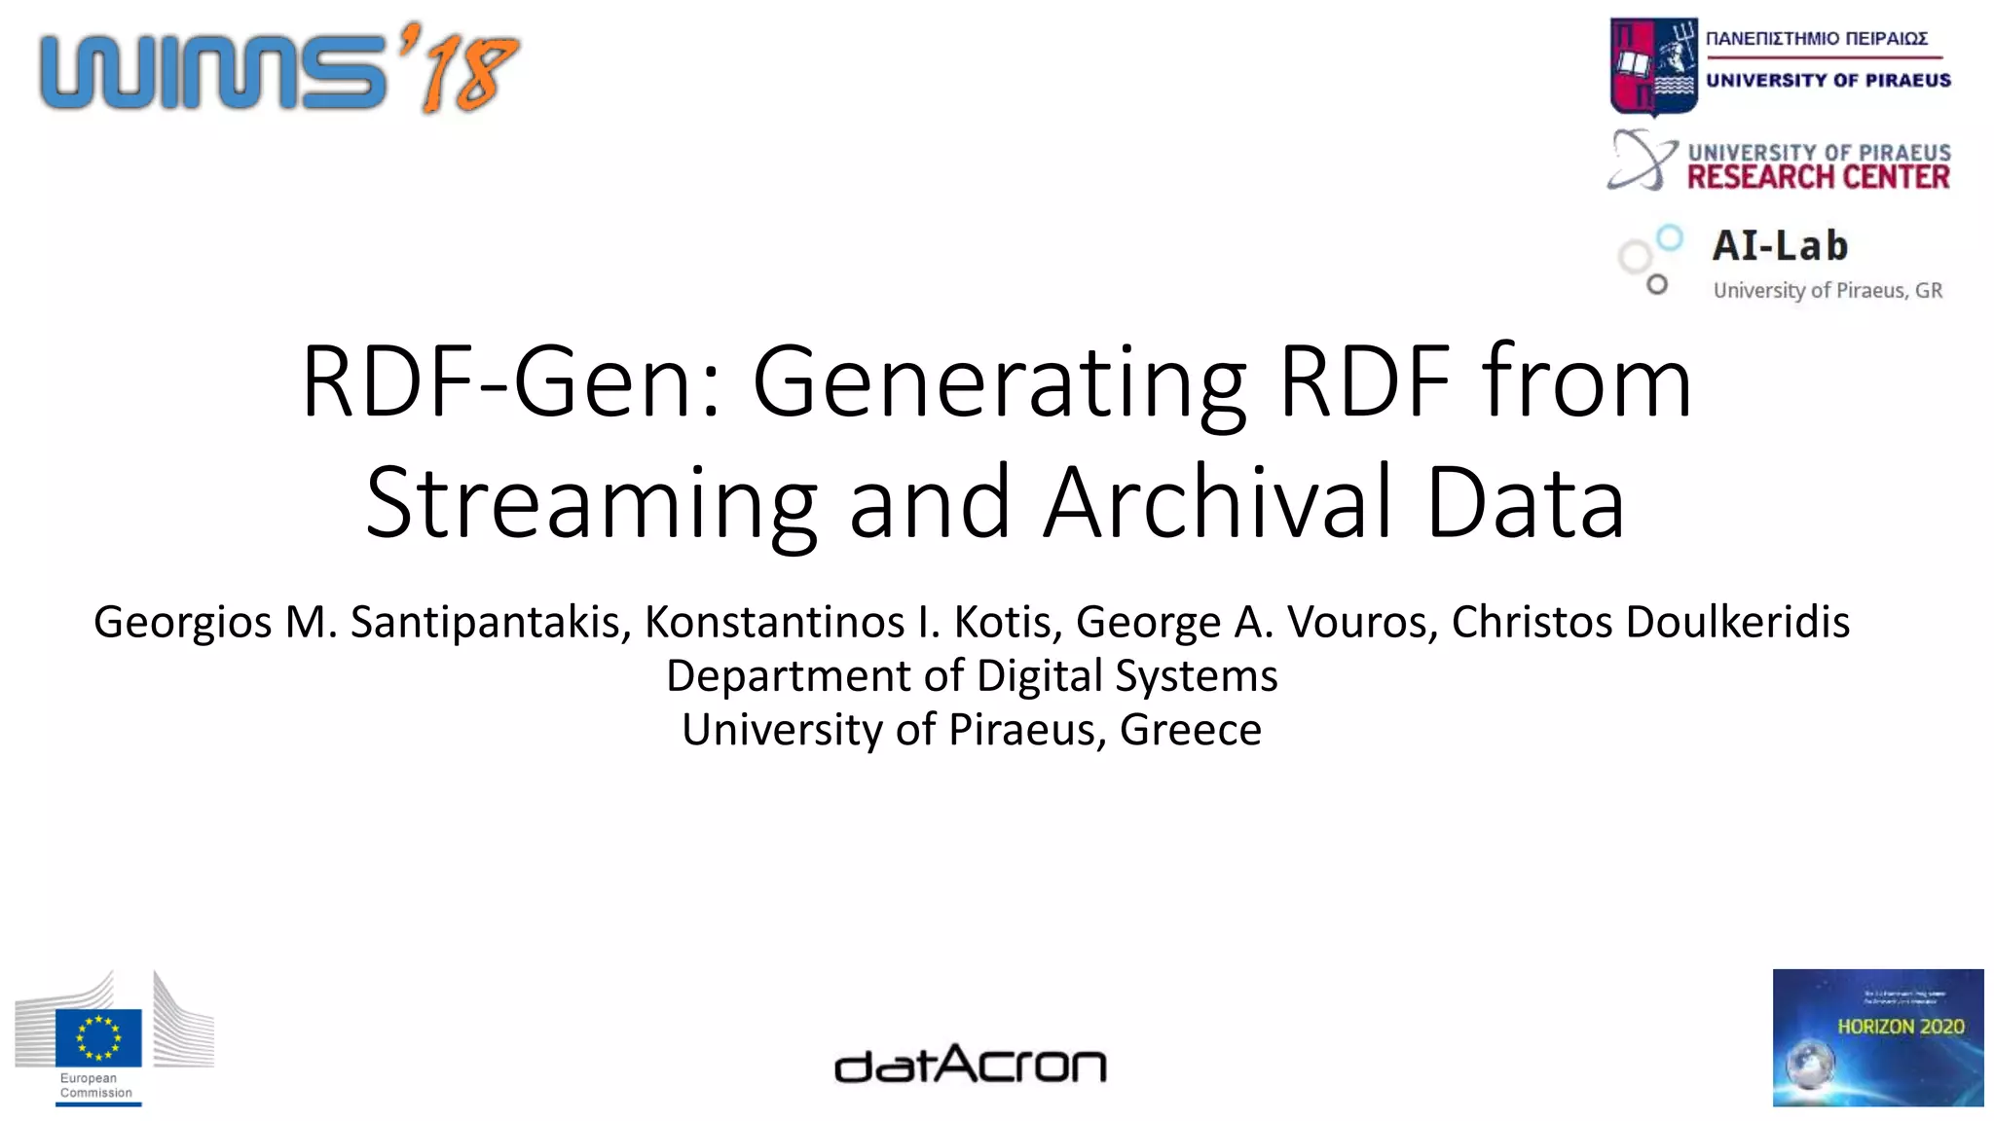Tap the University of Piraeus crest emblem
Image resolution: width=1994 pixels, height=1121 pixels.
(1653, 66)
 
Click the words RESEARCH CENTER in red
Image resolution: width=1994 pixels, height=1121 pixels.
(1818, 177)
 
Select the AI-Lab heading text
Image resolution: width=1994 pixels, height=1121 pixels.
(1780, 245)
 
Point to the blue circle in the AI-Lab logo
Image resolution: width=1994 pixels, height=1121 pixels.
(1670, 237)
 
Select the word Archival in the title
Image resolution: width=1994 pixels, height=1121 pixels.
(1218, 502)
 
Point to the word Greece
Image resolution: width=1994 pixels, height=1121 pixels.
(1190, 729)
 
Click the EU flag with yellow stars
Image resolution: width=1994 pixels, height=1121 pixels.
(98, 1037)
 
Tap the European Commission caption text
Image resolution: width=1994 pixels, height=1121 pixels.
(95, 1085)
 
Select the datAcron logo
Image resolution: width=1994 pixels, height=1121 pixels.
(971, 1065)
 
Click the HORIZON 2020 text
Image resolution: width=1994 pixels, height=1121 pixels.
(1900, 1026)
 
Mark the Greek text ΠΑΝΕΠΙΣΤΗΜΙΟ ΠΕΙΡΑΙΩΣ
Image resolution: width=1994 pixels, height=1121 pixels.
(1817, 39)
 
